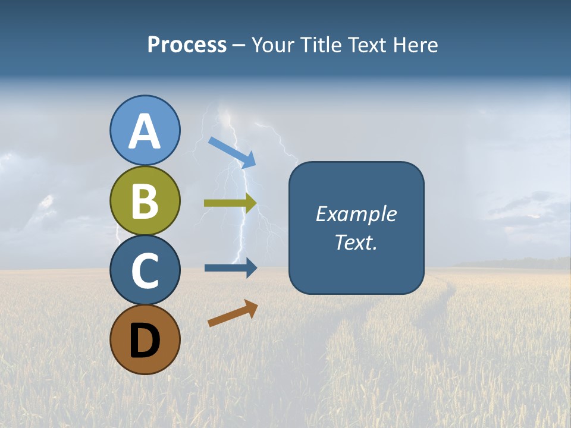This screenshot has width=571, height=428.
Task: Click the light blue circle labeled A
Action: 145,130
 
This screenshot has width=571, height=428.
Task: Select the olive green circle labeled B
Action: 145,200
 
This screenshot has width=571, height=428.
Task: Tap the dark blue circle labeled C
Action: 145,270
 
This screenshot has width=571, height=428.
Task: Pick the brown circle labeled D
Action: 145,339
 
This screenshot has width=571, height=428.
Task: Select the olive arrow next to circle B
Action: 230,203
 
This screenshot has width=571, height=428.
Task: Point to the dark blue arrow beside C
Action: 230,267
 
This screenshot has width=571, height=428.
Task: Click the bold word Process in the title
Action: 187,45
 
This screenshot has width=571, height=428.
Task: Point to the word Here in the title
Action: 417,45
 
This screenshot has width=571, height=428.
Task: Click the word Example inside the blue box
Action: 356,214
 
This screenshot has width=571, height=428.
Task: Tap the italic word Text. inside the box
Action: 356,242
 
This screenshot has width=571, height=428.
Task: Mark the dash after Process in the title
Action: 239,46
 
